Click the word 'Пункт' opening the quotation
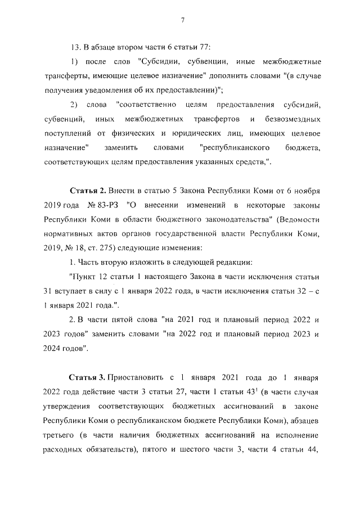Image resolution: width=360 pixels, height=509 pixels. point(83,276)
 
